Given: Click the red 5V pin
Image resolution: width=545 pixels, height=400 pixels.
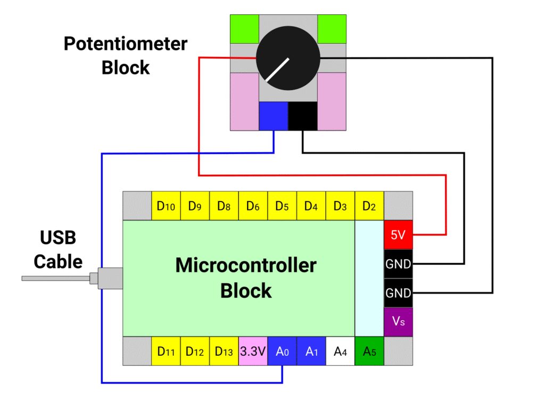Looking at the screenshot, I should pyautogui.click(x=398, y=234).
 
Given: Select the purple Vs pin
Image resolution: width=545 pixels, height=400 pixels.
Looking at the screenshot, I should pyautogui.click(x=398, y=322).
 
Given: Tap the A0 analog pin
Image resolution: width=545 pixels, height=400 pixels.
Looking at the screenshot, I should pyautogui.click(x=282, y=351).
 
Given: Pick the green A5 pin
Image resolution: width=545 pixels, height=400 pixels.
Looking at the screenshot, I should pyautogui.click(x=369, y=351).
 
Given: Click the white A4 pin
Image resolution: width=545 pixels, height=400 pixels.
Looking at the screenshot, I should pyautogui.click(x=340, y=351).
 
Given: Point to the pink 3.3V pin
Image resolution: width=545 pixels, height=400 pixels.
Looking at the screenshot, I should pyautogui.click(x=253, y=351).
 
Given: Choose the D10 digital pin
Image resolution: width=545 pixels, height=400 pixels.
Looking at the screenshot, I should pyautogui.click(x=166, y=206).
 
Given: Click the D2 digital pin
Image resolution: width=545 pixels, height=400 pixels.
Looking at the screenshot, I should pyautogui.click(x=369, y=206).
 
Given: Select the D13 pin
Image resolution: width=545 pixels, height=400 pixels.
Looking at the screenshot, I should pyautogui.click(x=224, y=351).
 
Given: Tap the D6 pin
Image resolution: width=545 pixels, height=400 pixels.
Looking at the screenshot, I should pyautogui.click(x=253, y=206).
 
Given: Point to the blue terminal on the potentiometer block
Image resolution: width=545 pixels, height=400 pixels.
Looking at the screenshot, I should pyautogui.click(x=273, y=116).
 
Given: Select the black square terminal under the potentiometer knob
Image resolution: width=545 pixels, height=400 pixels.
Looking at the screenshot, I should pyautogui.click(x=302, y=116).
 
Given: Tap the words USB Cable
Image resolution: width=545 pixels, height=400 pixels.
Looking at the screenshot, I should pyautogui.click(x=58, y=249).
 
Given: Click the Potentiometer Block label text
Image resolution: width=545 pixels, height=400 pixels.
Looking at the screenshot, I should pyautogui.click(x=126, y=55).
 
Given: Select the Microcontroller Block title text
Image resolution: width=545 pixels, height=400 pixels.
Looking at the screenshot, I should pyautogui.click(x=246, y=277).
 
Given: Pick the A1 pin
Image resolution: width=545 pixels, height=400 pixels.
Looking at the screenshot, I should pyautogui.click(x=311, y=351).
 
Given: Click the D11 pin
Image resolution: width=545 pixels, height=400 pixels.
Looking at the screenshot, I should pyautogui.click(x=166, y=351).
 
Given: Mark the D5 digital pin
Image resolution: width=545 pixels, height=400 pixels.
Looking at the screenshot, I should pyautogui.click(x=282, y=206).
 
